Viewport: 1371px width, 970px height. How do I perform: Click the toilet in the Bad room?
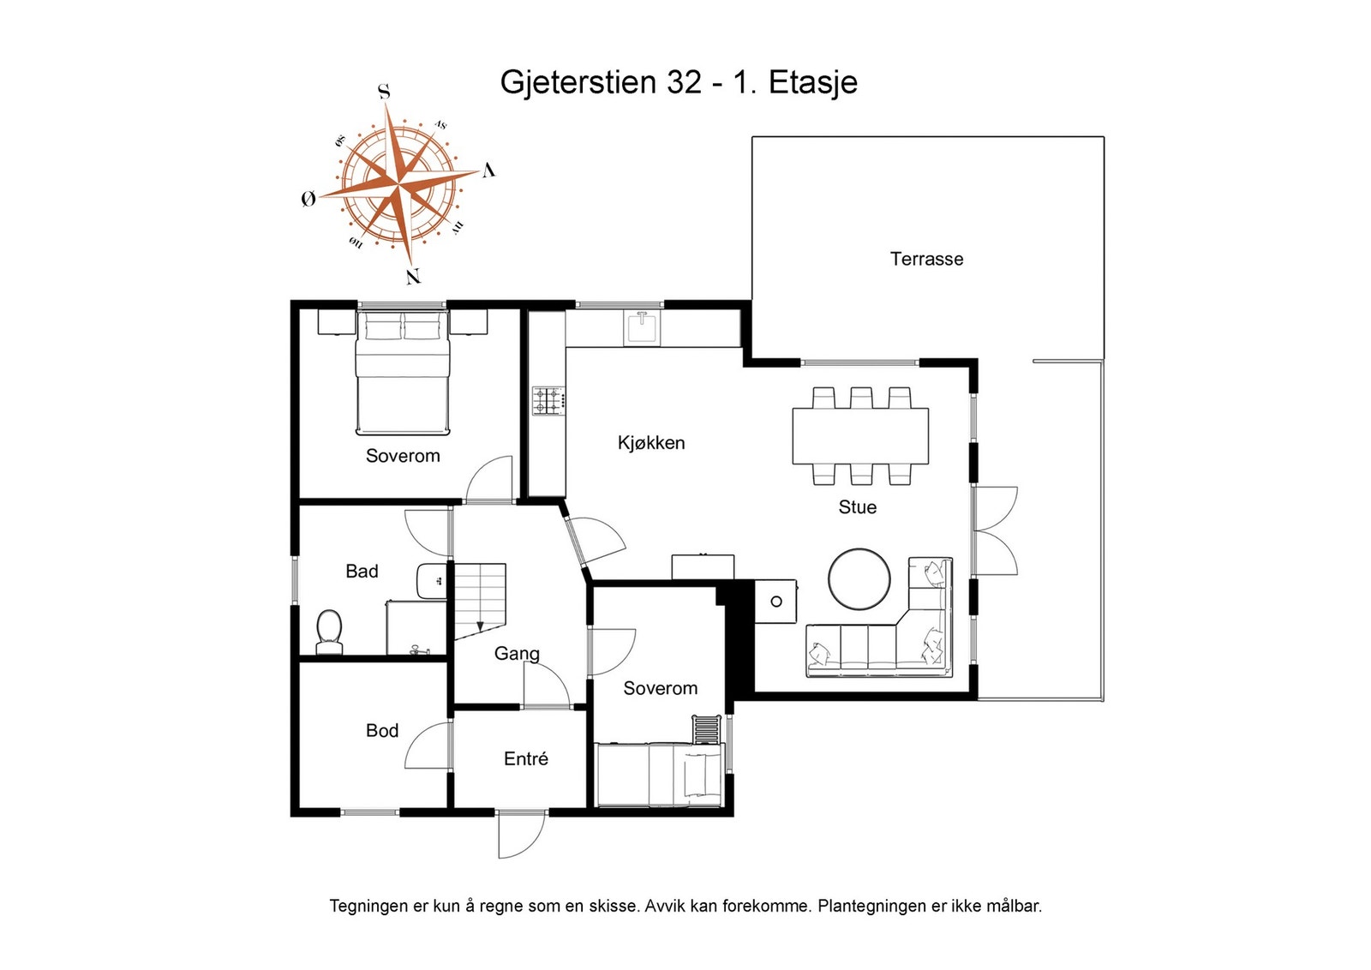(x=329, y=632)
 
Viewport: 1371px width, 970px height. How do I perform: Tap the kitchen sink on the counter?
(x=642, y=326)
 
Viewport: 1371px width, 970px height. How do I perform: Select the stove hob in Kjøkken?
(x=548, y=401)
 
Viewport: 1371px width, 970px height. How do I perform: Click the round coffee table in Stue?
(x=859, y=579)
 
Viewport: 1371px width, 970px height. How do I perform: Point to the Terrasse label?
(x=926, y=259)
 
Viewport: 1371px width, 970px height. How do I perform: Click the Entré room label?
(x=525, y=759)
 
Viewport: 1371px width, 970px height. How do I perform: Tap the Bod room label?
(x=382, y=731)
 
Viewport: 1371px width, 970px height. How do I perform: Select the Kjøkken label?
(x=651, y=443)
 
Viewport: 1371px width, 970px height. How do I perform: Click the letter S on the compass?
(x=385, y=92)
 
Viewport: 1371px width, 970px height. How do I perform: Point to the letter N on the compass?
(x=413, y=277)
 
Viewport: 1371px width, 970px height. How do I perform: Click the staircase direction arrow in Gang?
(x=480, y=626)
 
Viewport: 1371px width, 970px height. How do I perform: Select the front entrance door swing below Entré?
(x=520, y=834)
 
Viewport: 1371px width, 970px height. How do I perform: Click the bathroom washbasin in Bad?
(x=431, y=582)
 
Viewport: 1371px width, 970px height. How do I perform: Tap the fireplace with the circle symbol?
(x=775, y=602)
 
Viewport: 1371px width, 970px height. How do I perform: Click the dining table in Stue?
(x=859, y=435)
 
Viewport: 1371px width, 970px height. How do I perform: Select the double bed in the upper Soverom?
(x=402, y=374)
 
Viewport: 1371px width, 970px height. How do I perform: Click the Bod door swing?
(x=428, y=745)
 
